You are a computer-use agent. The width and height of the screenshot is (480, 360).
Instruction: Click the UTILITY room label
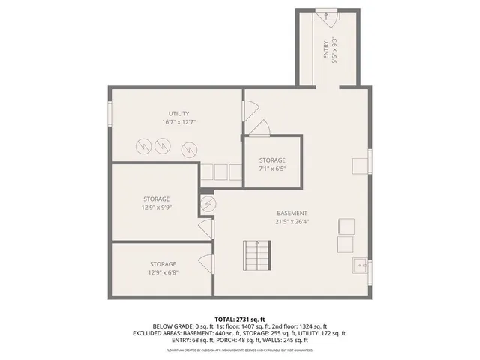pyautogui.click(x=178, y=113)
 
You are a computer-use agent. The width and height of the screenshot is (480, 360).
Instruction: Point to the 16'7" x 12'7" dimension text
pyautogui.click(x=178, y=122)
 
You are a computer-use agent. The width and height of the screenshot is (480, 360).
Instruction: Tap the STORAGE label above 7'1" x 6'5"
pyautogui.click(x=272, y=160)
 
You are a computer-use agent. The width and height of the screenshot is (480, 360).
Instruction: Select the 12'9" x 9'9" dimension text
pyautogui.click(x=156, y=208)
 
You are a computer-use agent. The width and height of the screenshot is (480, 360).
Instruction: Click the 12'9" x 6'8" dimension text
pyautogui.click(x=163, y=272)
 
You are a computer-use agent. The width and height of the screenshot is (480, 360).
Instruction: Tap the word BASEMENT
pyautogui.click(x=291, y=213)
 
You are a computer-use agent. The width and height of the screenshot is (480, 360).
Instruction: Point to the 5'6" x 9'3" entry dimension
pyautogui.click(x=334, y=51)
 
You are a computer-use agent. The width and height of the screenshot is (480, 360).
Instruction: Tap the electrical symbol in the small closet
pyautogui.click(x=208, y=203)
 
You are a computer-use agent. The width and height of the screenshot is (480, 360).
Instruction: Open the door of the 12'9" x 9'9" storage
pyautogui.click(x=205, y=229)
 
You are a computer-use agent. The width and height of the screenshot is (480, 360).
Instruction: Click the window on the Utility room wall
pyautogui.click(x=109, y=113)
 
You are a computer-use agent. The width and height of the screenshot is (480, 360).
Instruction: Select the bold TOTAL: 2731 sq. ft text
pyautogui.click(x=240, y=319)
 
